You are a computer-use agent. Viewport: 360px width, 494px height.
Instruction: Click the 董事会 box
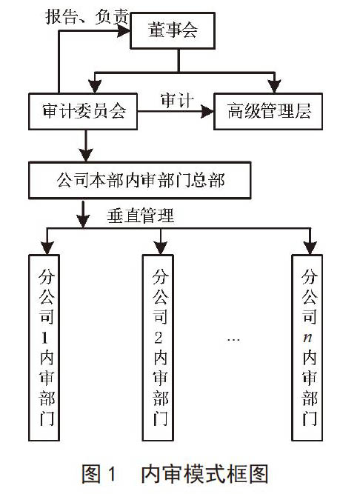click(x=173, y=30)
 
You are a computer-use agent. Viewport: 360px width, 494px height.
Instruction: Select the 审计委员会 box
click(x=83, y=111)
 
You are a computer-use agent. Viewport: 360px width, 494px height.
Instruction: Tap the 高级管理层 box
click(x=268, y=111)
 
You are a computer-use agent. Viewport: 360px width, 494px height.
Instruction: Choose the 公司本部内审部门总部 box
click(x=140, y=180)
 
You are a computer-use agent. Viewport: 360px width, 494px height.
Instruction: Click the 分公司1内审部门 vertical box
click(x=44, y=347)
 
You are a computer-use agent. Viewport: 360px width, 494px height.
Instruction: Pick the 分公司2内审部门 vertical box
click(x=158, y=347)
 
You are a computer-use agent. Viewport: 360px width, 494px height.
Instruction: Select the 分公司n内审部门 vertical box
click(x=307, y=347)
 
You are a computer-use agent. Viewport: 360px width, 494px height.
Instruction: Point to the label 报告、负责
click(x=87, y=17)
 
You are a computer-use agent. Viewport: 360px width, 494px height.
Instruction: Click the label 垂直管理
click(x=141, y=216)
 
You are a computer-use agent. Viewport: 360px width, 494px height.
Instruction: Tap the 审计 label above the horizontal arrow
click(x=177, y=101)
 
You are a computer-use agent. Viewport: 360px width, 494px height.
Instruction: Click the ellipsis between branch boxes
click(x=233, y=340)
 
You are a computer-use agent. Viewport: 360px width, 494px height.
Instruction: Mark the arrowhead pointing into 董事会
click(x=124, y=31)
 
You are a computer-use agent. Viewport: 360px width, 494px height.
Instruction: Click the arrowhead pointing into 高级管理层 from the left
click(x=207, y=111)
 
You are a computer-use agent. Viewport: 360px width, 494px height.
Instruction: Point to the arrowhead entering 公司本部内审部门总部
click(x=86, y=155)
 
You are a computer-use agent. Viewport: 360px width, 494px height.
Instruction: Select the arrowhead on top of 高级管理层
click(x=274, y=87)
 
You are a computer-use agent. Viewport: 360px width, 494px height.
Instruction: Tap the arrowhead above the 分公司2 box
click(x=161, y=247)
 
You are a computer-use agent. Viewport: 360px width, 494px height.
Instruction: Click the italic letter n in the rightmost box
click(x=307, y=338)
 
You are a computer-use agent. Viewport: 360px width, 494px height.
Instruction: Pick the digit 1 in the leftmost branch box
click(x=44, y=338)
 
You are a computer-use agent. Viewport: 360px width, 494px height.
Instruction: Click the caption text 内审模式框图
click(x=204, y=474)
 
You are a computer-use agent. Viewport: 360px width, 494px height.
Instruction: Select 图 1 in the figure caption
click(x=99, y=474)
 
